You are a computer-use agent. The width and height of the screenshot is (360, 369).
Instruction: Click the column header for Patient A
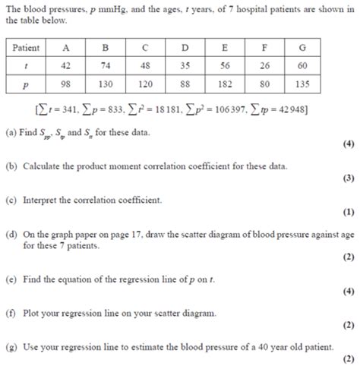(66, 48)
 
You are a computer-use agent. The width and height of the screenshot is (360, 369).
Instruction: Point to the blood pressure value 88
(185, 84)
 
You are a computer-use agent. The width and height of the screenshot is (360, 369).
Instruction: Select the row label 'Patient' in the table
(27, 48)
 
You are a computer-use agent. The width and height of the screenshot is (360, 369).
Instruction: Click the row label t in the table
(27, 66)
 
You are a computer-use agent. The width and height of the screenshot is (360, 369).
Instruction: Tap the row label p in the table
(27, 84)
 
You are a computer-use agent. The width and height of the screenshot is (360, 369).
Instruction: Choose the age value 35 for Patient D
(185, 66)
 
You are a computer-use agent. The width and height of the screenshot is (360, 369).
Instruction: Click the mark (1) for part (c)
(348, 213)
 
